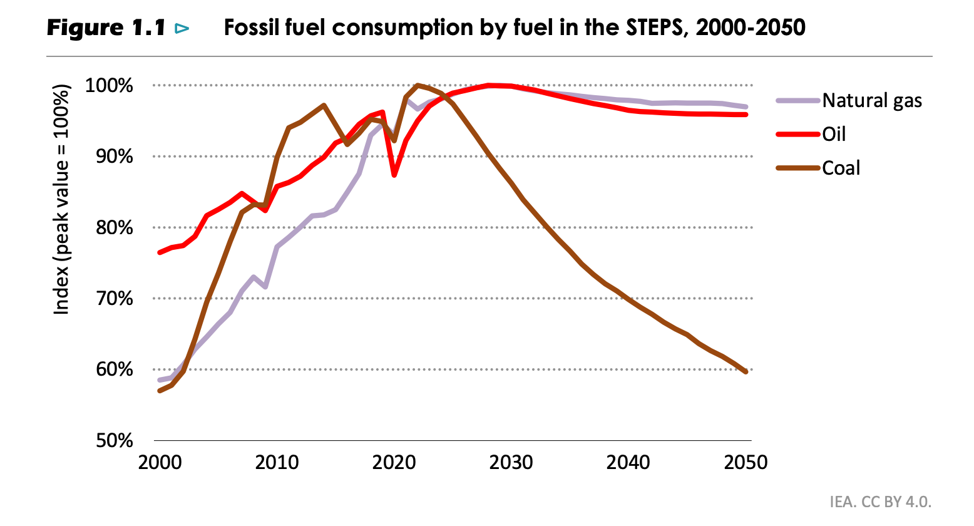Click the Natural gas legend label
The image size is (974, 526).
871,100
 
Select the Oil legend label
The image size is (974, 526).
834,134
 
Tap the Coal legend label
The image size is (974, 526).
841,168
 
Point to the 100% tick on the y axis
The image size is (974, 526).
109,85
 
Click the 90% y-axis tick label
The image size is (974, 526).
111,157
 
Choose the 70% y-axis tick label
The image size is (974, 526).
111,299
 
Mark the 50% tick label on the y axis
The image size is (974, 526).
111,441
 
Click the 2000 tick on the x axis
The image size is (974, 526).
160,463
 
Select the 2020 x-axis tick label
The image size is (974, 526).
394,463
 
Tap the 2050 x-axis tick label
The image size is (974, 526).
746,463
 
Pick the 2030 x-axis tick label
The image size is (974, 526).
511,463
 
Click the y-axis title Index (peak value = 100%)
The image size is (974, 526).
61,199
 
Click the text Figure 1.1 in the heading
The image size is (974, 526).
106,28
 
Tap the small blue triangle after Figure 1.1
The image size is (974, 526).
182,28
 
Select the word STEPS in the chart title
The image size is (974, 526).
652,28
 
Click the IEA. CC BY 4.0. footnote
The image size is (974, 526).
880,502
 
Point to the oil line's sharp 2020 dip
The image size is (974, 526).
394,175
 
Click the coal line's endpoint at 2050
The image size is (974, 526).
746,372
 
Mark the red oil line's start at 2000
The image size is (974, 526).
160,252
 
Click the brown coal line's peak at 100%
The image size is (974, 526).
418,85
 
